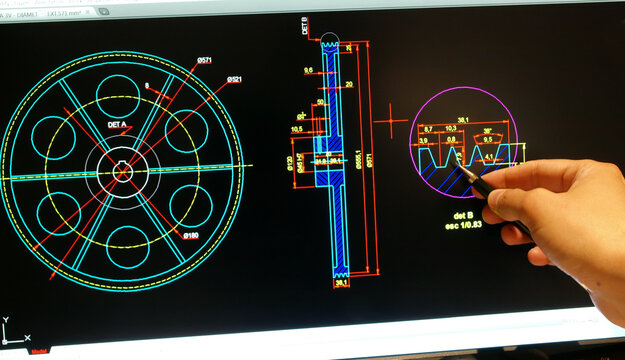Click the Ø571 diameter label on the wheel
click(x=205, y=61)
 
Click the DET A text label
click(x=118, y=125)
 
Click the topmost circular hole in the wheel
click(x=123, y=95)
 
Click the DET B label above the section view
click(x=303, y=26)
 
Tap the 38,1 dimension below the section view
click(x=341, y=283)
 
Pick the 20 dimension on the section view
click(x=348, y=85)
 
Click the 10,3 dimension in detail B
click(x=450, y=129)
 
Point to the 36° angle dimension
click(x=487, y=130)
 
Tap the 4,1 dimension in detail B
click(x=489, y=157)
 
